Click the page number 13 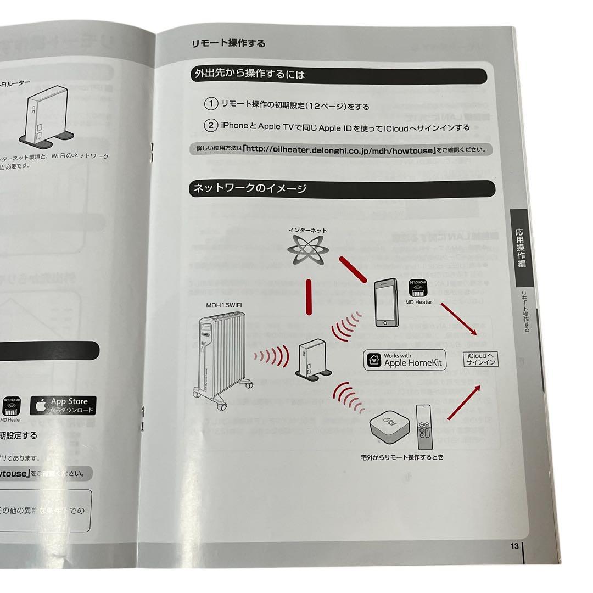(514, 546)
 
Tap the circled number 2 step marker (211, 126)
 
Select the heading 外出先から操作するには (250, 74)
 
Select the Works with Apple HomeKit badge (405, 360)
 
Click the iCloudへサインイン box (481, 359)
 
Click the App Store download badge (64, 406)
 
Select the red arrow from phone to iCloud (458, 320)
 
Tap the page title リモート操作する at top (228, 43)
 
